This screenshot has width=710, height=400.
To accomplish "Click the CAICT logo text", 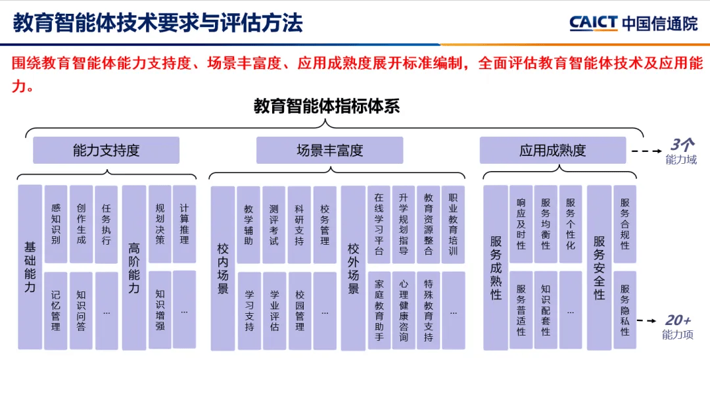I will [594, 24].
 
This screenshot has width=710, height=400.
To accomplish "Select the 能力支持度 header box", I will [106, 151].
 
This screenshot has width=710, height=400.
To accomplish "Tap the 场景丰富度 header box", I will [329, 151].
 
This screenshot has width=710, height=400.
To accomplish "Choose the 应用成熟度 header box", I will [552, 151].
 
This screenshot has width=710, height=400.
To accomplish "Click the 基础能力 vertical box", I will [30, 267].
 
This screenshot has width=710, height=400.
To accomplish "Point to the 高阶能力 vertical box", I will [134, 267].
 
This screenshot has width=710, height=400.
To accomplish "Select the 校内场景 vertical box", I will [223, 267].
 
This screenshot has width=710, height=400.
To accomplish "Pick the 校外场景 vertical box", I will [353, 267].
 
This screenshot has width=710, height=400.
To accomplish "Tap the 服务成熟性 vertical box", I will [496, 267].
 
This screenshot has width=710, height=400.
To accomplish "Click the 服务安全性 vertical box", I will [599, 267].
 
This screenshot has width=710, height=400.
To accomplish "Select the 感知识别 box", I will [56, 224].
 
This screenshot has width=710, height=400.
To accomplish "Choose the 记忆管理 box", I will [56, 311].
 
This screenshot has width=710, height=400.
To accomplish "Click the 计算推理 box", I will [184, 224].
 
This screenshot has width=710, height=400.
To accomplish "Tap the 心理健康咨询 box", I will [403, 311].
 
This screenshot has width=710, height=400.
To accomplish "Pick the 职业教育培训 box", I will [453, 224].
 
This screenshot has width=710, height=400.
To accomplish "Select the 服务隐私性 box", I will [625, 311].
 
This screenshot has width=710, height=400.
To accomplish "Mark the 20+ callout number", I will [678, 320].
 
